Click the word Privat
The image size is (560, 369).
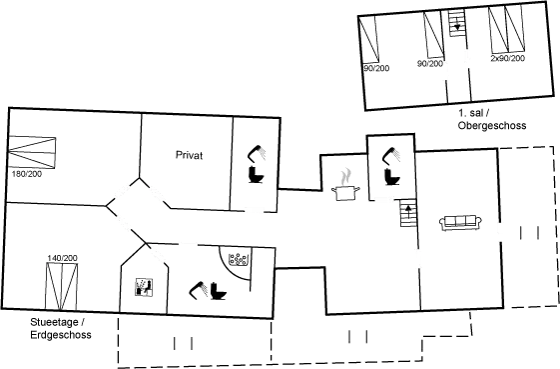point(188,155)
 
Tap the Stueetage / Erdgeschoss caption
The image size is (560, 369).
point(60,329)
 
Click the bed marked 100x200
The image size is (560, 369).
point(34,155)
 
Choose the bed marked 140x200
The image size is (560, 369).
point(63,284)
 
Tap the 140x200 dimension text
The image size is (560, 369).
point(62,260)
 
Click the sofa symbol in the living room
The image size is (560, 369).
point(461,222)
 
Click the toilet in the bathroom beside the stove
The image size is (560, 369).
point(388,165)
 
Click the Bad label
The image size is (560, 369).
point(238,260)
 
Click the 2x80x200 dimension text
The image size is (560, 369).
point(507,60)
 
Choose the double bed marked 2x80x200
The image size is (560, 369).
point(507,36)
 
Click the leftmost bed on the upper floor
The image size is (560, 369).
point(373,40)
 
